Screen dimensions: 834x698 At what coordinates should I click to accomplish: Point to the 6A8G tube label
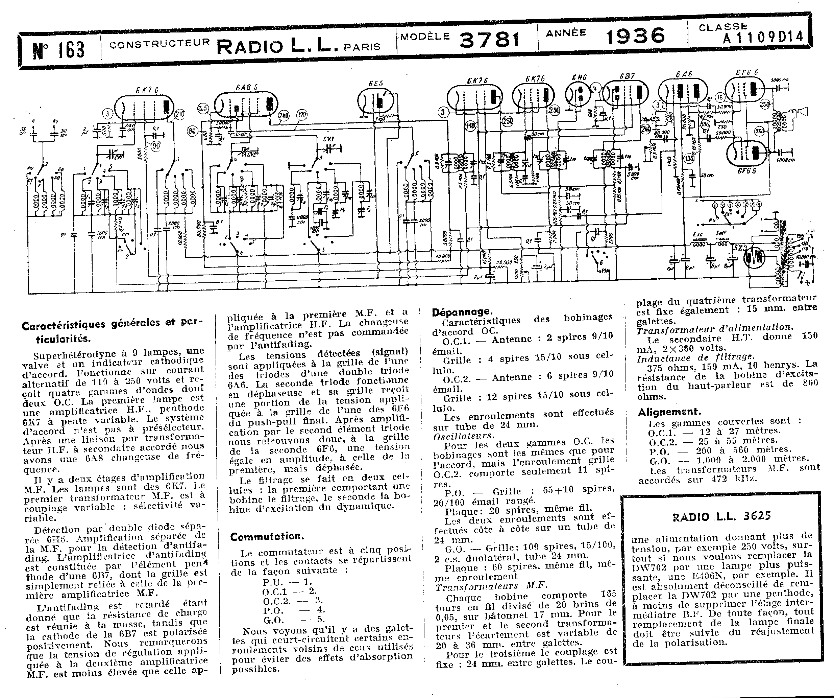coord(246,87)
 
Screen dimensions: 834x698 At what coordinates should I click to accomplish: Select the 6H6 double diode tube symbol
coord(579,95)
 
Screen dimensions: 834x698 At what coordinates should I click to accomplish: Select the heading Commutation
coord(267,537)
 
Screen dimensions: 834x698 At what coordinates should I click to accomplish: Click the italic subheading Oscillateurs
coord(464,435)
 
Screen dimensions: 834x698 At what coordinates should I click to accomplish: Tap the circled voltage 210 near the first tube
coord(179,114)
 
